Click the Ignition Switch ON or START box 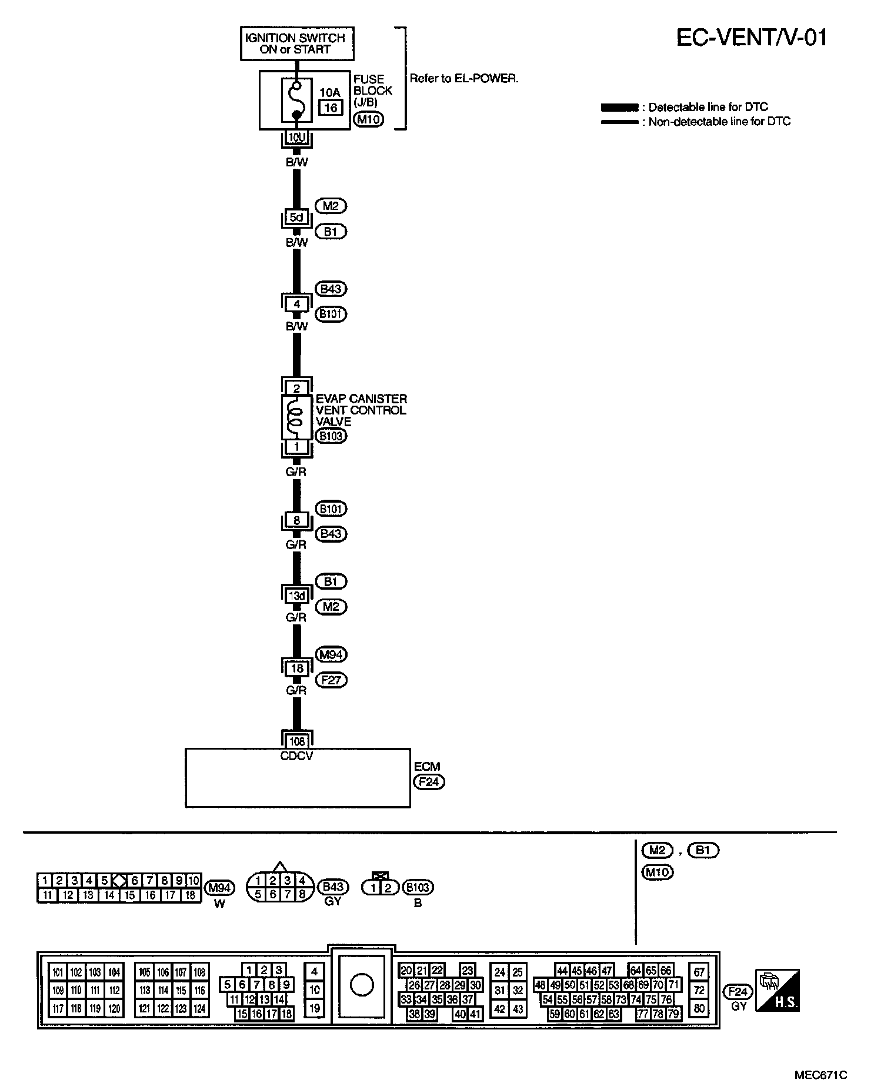297,44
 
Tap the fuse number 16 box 331,107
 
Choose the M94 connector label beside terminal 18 331,654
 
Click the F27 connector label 331,680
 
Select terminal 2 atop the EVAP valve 297,388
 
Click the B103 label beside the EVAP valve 331,436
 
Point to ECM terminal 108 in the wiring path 297,741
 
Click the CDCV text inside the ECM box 297,756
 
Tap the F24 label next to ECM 429,782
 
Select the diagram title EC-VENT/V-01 752,38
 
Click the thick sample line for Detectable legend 619,108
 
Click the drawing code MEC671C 821,1075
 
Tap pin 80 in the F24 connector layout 699,1008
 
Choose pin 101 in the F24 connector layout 58,972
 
